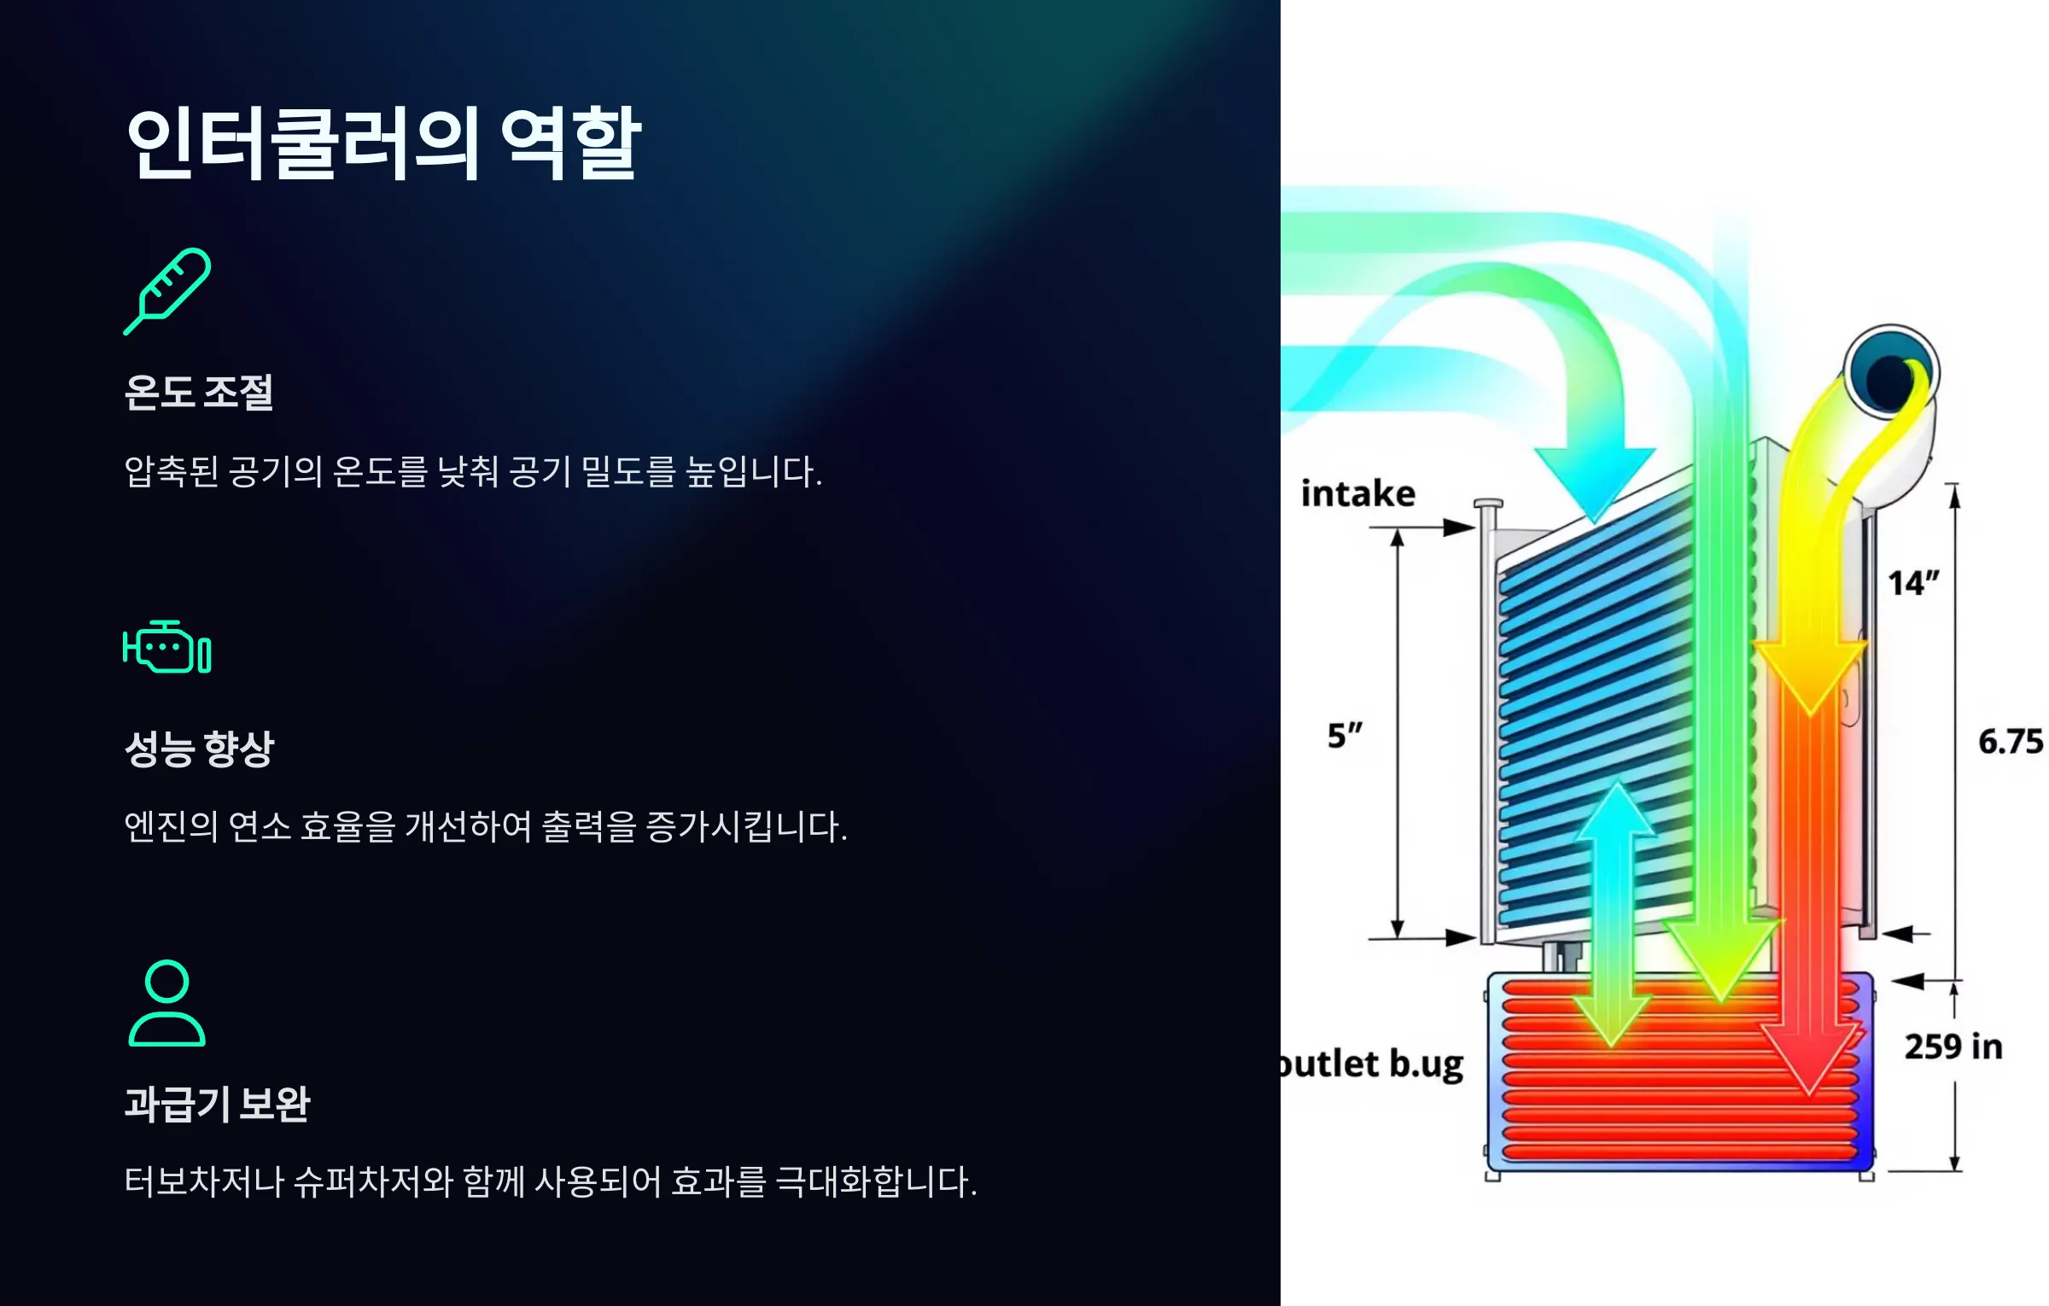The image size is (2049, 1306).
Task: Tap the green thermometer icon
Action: coord(167,291)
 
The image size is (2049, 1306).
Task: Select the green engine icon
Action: coord(167,647)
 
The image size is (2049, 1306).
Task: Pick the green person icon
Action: coord(167,1003)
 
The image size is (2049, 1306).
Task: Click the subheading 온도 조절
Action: coord(199,393)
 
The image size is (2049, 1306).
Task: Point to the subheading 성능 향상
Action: coord(200,749)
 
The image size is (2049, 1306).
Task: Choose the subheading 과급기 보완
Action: coord(218,1104)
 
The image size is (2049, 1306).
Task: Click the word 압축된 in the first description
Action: coord(172,471)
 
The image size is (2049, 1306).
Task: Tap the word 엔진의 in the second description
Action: coord(172,826)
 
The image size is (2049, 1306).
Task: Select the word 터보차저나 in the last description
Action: coord(204,1182)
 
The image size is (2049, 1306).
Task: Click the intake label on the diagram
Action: coord(1357,494)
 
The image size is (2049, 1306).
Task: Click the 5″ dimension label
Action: coord(1345,735)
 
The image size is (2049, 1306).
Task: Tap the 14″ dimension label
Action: coord(1913,583)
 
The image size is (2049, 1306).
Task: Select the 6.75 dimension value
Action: coord(2011,741)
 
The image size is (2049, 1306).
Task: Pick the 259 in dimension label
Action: coord(1953,1047)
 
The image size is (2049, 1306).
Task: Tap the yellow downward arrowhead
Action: coord(1810,679)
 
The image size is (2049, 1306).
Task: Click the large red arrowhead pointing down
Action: coord(1809,1058)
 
